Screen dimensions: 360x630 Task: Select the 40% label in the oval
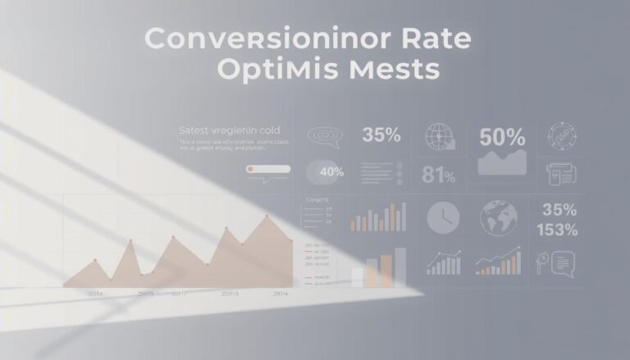(x=330, y=172)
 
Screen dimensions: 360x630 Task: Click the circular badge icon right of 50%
(x=561, y=136)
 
